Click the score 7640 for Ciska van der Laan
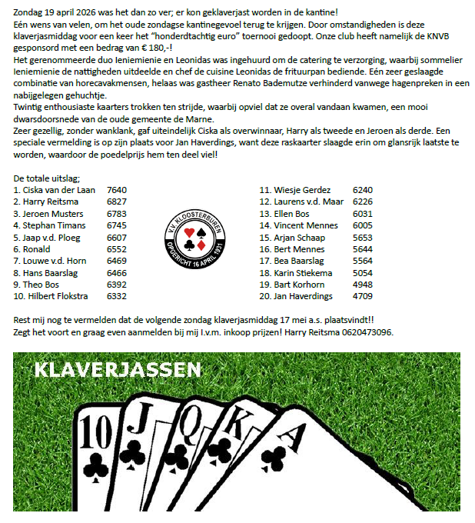pos(117,189)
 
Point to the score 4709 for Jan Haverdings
pos(362,295)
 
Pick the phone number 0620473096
pos(366,331)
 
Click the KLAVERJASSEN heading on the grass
pos(118,371)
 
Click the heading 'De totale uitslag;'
pos(47,178)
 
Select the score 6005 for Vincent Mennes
pos(362,225)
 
